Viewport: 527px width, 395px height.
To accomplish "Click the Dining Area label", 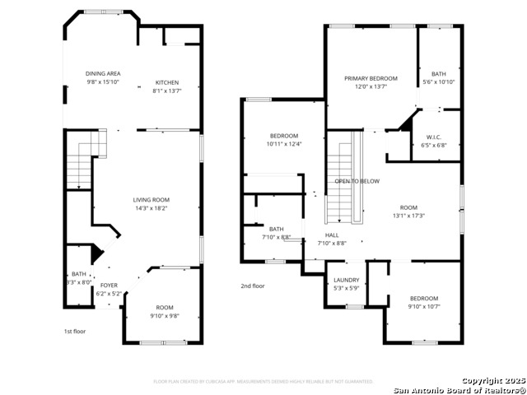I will (103, 73).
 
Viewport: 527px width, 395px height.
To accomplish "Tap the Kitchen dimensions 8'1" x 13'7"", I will (167, 91).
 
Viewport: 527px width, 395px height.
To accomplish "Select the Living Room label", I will (152, 199).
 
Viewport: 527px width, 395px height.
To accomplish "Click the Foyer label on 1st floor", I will (109, 286).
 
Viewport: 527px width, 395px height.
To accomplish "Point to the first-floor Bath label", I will (78, 274).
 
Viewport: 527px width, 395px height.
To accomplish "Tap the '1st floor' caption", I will (75, 331).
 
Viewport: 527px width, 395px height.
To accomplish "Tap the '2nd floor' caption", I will (253, 286).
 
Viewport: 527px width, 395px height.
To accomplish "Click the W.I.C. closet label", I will (435, 137).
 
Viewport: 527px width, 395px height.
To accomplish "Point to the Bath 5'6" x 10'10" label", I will (438, 74).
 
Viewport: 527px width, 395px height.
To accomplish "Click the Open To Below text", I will (357, 181).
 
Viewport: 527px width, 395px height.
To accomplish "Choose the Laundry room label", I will (346, 280).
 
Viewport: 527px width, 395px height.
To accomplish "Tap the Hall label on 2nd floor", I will (331, 235).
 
